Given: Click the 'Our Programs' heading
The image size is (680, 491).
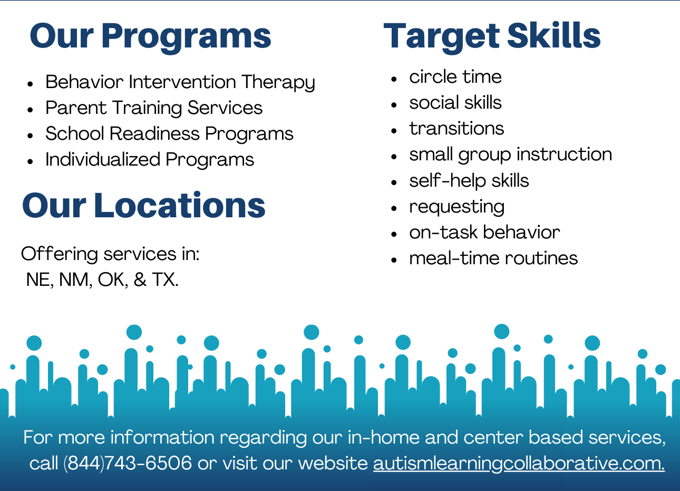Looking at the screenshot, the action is tap(151, 37).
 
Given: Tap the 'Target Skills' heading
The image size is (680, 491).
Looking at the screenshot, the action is tap(492, 37).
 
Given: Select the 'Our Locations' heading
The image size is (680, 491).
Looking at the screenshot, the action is tap(143, 205).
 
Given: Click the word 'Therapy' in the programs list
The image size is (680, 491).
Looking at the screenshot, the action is tap(278, 82).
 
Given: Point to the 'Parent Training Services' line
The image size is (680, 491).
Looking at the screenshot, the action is tap(154, 108).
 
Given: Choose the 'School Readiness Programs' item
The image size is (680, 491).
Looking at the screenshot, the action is tap(169, 134).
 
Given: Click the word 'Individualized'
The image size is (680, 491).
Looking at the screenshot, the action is tap(103, 159).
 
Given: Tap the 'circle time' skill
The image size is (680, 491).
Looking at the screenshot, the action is tap(455, 76).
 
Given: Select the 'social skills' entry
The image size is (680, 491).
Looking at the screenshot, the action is tap(455, 102).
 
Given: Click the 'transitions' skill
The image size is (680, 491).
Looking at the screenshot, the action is tap(456, 129).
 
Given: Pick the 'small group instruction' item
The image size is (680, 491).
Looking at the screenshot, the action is tap(511, 155).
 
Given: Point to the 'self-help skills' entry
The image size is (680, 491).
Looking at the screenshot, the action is tap(469, 181).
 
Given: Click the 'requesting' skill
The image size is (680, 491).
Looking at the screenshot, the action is tap(457, 208).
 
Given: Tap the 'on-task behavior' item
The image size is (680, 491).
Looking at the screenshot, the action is tap(484, 233).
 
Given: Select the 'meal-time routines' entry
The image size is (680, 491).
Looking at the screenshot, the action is tap(493, 258).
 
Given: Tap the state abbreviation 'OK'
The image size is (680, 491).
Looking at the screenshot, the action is tap(111, 280).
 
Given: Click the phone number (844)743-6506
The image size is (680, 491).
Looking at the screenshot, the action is tap(128, 464).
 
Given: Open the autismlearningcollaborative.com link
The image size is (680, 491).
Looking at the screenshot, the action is tap(519, 464).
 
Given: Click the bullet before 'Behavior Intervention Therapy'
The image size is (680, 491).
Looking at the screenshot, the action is tap(30, 84).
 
